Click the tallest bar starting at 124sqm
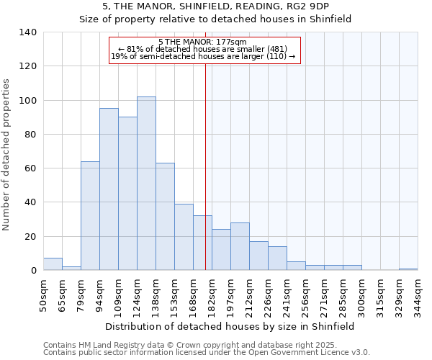click(x=146, y=184)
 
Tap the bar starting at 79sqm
click(x=90, y=216)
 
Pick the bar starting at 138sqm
click(x=165, y=217)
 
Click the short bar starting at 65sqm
click(x=71, y=269)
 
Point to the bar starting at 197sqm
click(x=240, y=247)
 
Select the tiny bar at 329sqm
click(x=408, y=269)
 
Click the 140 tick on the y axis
click(x=28, y=32)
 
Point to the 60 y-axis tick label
click(x=31, y=168)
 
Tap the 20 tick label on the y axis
click(x=31, y=237)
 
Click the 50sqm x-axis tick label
click(x=44, y=293)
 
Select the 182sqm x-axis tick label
click(x=212, y=294)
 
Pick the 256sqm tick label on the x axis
click(x=306, y=294)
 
